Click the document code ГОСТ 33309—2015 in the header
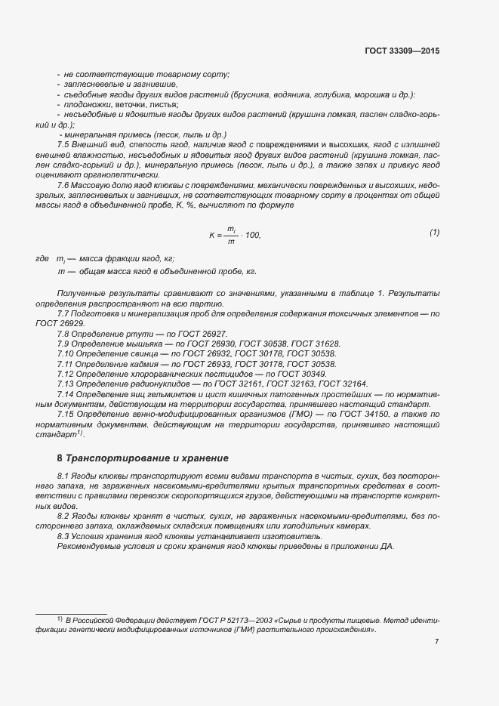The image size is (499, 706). click(x=402, y=51)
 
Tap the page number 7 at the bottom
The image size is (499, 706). click(x=437, y=643)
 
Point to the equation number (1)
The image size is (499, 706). click(x=434, y=233)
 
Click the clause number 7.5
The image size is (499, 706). click(x=64, y=143)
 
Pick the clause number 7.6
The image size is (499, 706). click(x=64, y=186)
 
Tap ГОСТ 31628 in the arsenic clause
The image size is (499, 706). click(x=315, y=344)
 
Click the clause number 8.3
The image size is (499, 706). click(x=64, y=536)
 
